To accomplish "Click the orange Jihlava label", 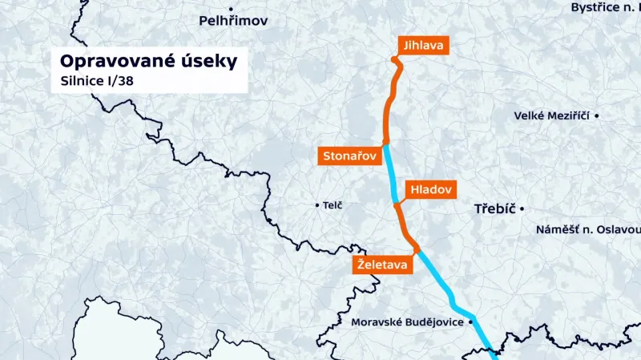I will pyautogui.click(x=423, y=45).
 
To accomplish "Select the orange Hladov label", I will pyautogui.click(x=431, y=190).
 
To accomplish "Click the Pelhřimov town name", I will pyautogui.click(x=233, y=20).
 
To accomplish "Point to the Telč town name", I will pyautogui.click(x=333, y=206).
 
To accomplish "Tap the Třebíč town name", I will pyautogui.click(x=493, y=209).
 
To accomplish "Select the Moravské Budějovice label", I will pyautogui.click(x=409, y=322).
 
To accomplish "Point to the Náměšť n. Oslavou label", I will pyautogui.click(x=588, y=230).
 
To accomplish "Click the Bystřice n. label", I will pyautogui.click(x=605, y=7).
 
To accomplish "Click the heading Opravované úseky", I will pyautogui.click(x=149, y=61).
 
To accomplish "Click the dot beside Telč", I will pyautogui.click(x=317, y=205).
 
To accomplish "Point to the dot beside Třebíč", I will pyautogui.click(x=522, y=209).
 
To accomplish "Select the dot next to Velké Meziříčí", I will pyautogui.click(x=596, y=115).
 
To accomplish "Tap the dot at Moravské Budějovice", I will pyautogui.click(x=471, y=322).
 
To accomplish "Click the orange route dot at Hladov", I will pyautogui.click(x=396, y=205).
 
